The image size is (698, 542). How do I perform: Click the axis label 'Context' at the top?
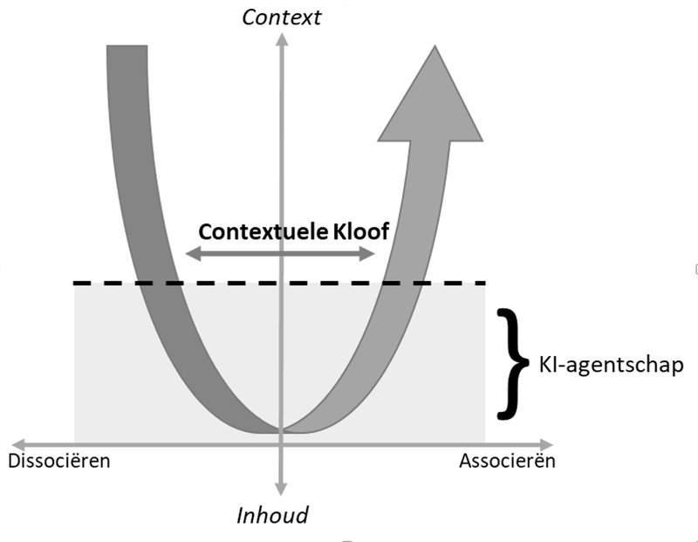point(281,16)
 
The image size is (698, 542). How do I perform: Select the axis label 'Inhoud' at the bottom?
point(273,515)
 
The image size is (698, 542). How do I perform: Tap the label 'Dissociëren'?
point(59,460)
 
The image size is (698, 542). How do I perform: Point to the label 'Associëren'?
point(507,460)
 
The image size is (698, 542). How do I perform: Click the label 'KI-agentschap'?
point(611,363)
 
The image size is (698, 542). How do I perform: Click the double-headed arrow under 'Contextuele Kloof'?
point(281,254)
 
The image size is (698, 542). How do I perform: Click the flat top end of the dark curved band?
point(128,45)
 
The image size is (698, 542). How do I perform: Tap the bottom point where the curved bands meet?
point(281,429)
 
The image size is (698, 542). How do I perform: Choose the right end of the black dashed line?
point(482,283)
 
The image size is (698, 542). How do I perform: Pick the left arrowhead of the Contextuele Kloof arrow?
point(192,254)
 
